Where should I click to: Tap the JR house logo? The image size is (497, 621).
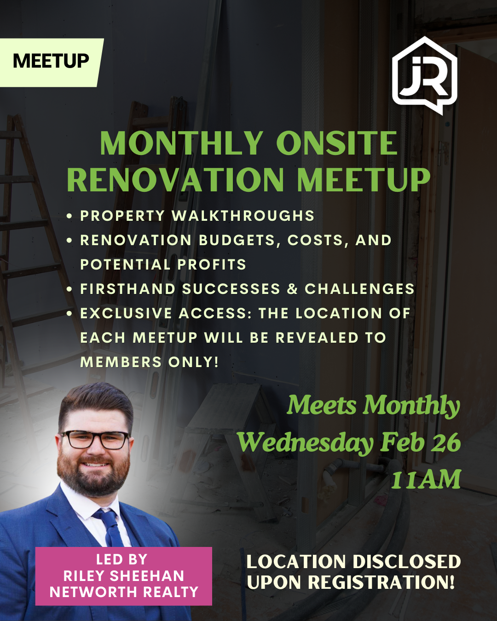pos(424,75)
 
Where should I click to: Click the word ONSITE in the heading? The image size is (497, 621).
pos(337,143)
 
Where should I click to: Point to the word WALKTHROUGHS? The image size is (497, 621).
pos(243,216)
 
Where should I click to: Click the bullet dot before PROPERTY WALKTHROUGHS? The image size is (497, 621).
pos(69,216)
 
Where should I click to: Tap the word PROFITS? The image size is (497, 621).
pos(212,264)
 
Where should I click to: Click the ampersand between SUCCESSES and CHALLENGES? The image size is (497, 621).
pos(292,289)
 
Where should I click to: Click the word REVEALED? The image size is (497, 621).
pos(317,338)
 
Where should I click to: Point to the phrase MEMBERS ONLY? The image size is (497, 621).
pos(149,362)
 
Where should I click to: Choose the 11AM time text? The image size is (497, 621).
pos(426,480)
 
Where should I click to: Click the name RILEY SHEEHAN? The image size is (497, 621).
pos(124,576)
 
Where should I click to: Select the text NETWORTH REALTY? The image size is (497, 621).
pos(124,592)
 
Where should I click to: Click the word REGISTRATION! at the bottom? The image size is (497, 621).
pos(381,582)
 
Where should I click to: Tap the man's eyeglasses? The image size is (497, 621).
pos(95,440)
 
